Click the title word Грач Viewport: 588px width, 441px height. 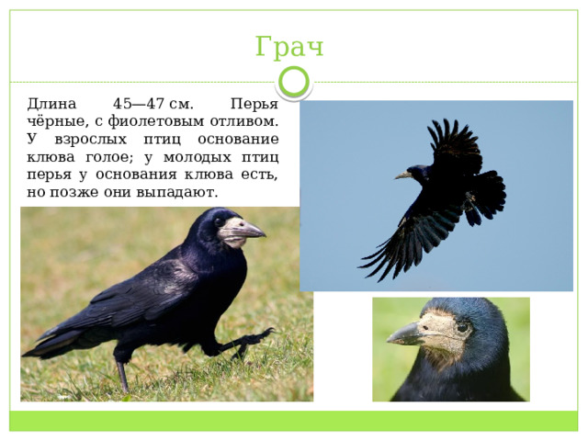(x=289, y=47)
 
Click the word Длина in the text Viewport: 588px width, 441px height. (x=51, y=104)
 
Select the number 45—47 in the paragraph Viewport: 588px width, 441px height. (x=139, y=104)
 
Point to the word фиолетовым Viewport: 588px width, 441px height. (x=155, y=121)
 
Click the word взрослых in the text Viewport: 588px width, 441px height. (x=91, y=140)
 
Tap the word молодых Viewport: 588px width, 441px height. (x=198, y=157)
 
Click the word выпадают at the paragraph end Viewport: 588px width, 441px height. (x=176, y=193)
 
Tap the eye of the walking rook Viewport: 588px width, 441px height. (x=219, y=222)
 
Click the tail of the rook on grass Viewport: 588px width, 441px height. (x=49, y=343)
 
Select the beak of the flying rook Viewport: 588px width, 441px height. (x=402, y=175)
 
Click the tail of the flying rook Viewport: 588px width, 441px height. (x=488, y=197)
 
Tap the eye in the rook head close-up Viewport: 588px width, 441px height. (x=463, y=328)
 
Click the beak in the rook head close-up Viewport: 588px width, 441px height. (x=406, y=334)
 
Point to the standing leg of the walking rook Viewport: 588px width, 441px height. (x=122, y=376)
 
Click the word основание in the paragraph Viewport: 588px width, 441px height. (x=239, y=140)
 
